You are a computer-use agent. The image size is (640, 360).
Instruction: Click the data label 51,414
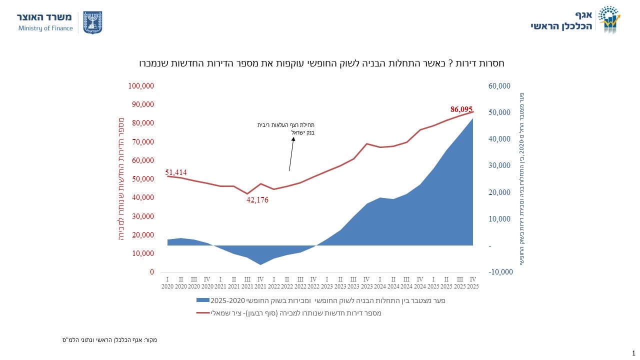(x=176, y=172)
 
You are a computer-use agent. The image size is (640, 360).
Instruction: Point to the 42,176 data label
(x=257, y=200)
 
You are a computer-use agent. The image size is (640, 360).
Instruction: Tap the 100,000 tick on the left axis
(x=141, y=86)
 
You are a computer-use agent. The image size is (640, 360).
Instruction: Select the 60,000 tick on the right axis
(x=499, y=86)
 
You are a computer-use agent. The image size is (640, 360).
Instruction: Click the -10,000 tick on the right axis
(x=500, y=272)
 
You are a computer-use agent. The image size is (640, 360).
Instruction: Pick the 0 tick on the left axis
(x=151, y=272)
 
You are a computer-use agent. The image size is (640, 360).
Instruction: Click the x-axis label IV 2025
(x=472, y=282)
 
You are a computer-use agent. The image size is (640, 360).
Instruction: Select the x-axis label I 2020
(x=168, y=282)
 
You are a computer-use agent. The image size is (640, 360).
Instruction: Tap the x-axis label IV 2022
(x=313, y=282)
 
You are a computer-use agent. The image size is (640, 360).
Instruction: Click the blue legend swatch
(x=202, y=300)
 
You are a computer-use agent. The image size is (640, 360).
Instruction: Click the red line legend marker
(x=202, y=313)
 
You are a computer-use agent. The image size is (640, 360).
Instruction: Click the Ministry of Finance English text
(x=45, y=28)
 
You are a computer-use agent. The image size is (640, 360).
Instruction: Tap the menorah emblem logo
(x=92, y=22)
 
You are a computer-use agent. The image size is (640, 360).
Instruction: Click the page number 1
(x=633, y=353)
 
